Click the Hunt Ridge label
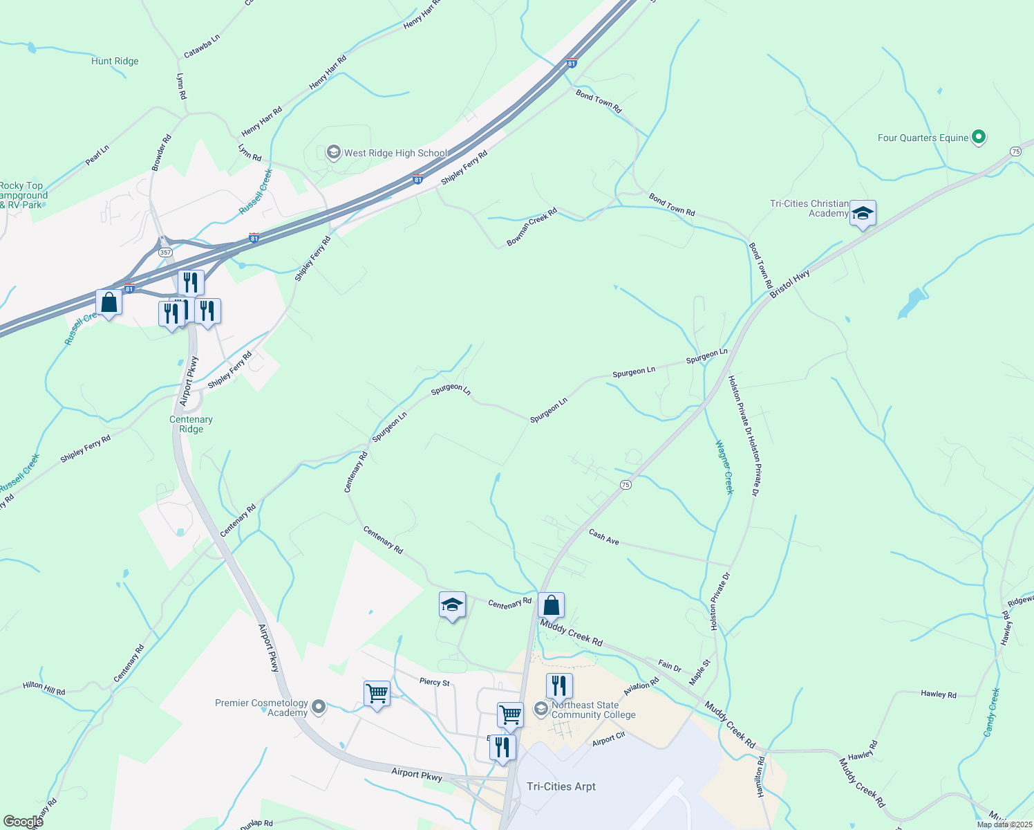click(x=115, y=62)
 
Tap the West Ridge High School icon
click(x=333, y=153)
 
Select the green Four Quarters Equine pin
click(x=978, y=137)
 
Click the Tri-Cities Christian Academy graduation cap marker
click(x=862, y=213)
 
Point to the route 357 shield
click(x=165, y=252)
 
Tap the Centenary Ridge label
click(x=191, y=424)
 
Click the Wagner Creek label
click(x=724, y=467)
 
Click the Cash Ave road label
click(x=603, y=537)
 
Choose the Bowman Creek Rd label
click(x=532, y=227)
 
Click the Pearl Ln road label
click(x=97, y=156)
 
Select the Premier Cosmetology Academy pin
click(x=319, y=707)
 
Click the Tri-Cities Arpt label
click(x=561, y=786)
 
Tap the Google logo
click(x=23, y=822)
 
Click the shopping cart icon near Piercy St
click(x=377, y=692)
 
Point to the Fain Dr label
click(x=669, y=666)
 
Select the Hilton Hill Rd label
click(x=44, y=688)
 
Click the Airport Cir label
click(x=608, y=739)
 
